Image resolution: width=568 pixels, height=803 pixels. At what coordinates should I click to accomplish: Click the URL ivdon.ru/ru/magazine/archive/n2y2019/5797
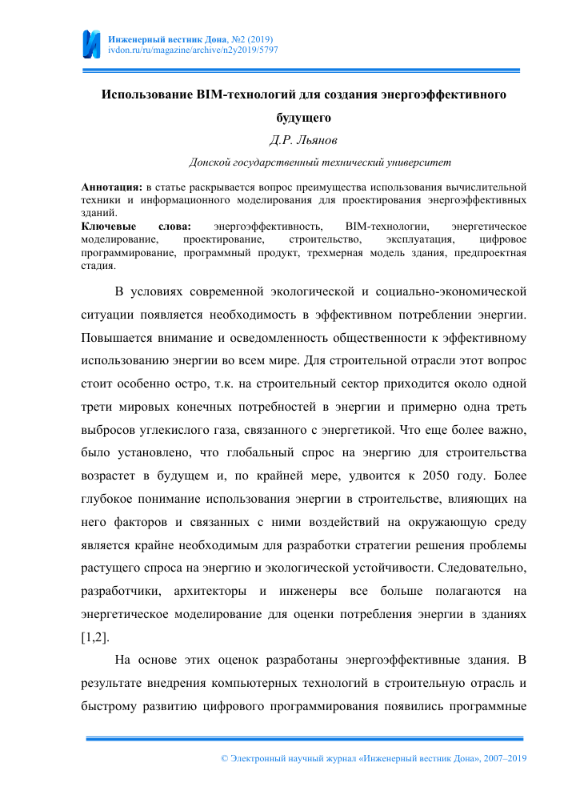coord(192,50)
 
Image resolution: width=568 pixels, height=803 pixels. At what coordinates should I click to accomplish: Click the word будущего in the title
coord(303,117)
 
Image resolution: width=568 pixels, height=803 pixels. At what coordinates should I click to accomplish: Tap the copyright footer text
coord(374,757)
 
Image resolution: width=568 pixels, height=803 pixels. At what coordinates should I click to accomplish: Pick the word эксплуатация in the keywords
coord(421,240)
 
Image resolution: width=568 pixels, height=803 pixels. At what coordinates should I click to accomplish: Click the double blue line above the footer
coord(303,738)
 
